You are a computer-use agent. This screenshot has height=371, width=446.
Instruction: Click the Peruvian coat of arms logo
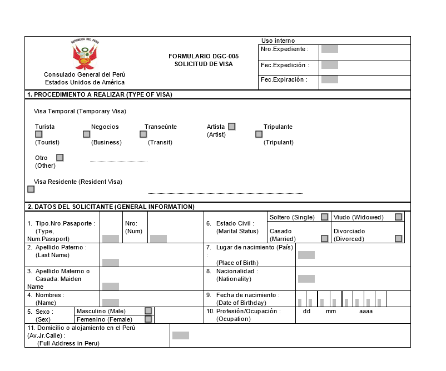[85, 54]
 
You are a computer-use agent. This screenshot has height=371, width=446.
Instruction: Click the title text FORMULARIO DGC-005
[204, 56]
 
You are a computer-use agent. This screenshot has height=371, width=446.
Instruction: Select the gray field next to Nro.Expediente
[329, 49]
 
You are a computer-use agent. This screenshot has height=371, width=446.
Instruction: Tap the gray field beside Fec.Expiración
[329, 79]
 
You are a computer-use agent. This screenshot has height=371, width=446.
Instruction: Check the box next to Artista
[231, 127]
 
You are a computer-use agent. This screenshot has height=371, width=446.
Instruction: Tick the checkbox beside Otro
[60, 158]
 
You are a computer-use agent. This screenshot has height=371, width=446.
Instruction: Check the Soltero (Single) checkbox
[324, 217]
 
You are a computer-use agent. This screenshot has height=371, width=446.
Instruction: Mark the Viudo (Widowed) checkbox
[398, 217]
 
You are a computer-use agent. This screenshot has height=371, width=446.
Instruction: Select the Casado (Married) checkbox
[324, 239]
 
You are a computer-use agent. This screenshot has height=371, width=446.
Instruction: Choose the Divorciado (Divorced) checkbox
[398, 239]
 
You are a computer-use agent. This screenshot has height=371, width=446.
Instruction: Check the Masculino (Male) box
[148, 311]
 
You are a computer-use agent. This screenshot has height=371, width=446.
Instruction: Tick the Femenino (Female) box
[148, 319]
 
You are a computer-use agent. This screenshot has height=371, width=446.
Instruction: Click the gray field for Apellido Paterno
[110, 263]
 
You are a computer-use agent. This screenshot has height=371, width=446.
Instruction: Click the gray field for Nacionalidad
[306, 279]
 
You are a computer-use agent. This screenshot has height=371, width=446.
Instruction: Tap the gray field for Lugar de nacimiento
[306, 255]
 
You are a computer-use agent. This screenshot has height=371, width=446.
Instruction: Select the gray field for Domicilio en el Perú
[180, 335]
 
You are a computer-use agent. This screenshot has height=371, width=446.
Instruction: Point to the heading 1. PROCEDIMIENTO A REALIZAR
[100, 94]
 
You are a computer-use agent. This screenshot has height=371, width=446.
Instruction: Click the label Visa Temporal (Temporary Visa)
[80, 111]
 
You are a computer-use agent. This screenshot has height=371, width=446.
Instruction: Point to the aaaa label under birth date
[365, 312]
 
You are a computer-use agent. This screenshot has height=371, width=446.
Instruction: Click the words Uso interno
[278, 41]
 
